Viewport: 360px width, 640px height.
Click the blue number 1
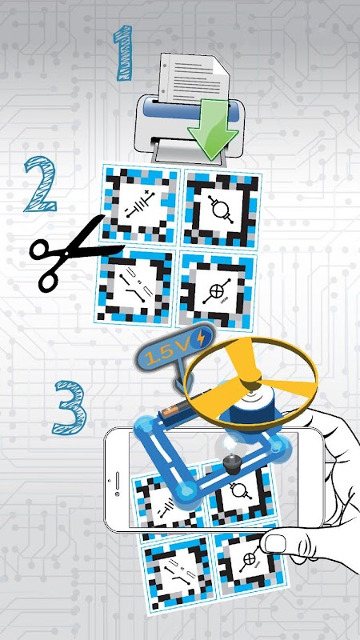point(123,53)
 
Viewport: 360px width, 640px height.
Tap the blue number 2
point(39,185)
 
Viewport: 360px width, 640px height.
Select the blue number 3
point(70,407)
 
